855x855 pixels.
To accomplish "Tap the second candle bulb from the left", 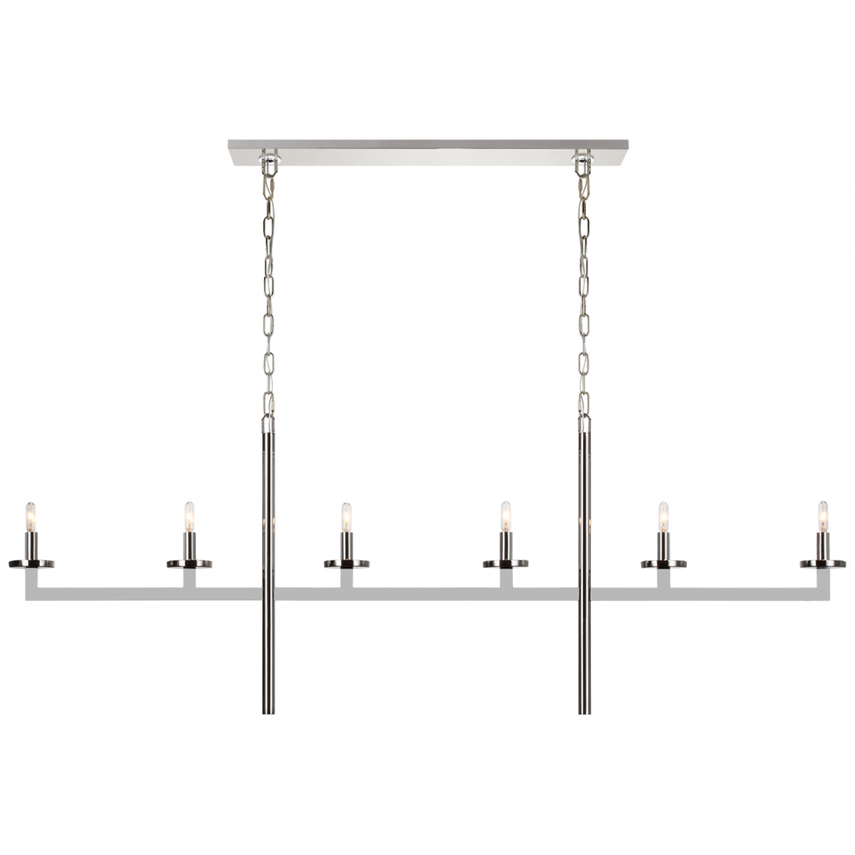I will click(186, 516).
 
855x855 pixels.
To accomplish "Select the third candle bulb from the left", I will click(345, 516).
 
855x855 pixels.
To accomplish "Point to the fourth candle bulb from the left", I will click(504, 516).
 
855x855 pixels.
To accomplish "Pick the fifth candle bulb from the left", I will click(662, 516).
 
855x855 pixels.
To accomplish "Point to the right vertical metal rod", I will click(588, 556).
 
